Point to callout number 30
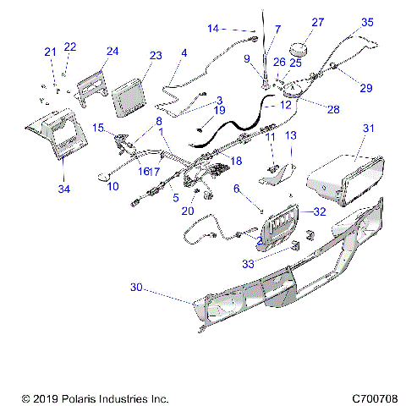[134, 288]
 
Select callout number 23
[155, 56]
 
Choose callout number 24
[112, 52]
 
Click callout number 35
[367, 22]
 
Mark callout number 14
[213, 28]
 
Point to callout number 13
[289, 135]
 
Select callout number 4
[184, 53]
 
